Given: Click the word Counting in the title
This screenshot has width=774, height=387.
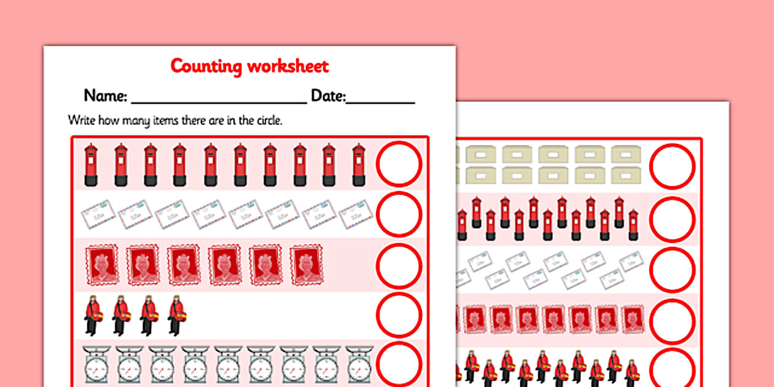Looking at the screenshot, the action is pyautogui.click(x=206, y=66).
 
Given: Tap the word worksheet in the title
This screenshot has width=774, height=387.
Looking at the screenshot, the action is pyautogui.click(x=288, y=66).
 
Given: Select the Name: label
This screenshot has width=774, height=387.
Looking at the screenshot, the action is pyautogui.click(x=106, y=95).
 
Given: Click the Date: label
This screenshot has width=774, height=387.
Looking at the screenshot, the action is pyautogui.click(x=328, y=96).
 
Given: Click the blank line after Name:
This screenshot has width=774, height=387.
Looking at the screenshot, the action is pyautogui.click(x=219, y=103).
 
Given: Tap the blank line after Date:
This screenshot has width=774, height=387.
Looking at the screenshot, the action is pyautogui.click(x=380, y=103).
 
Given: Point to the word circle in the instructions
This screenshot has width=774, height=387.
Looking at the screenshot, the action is pyautogui.click(x=269, y=120).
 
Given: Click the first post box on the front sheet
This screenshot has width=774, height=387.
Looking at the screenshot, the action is pyautogui.click(x=91, y=165).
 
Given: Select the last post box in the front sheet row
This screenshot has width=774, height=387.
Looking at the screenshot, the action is pyautogui.click(x=359, y=165).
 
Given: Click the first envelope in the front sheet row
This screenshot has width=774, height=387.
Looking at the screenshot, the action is pyautogui.click(x=98, y=214).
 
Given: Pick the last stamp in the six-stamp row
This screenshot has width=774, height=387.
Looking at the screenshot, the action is pyautogui.click(x=307, y=265).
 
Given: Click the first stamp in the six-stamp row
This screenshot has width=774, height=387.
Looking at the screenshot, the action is pyautogui.click(x=102, y=265).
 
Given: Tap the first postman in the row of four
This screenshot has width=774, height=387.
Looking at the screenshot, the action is pyautogui.click(x=93, y=316).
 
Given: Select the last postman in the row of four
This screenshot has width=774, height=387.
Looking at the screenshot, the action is pyautogui.click(x=176, y=316).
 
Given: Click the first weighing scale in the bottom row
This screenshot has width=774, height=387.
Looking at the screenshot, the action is pyautogui.click(x=96, y=364).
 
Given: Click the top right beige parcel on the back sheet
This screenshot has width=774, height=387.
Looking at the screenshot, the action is pyautogui.click(x=626, y=154).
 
